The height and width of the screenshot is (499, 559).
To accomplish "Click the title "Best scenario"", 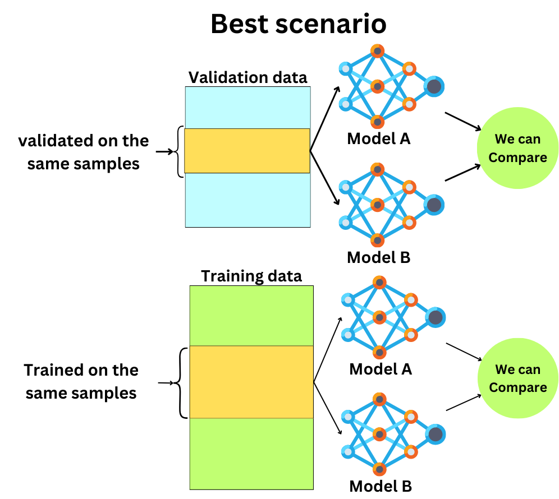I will coord(298,24).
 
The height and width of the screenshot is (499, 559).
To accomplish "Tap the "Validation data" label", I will coord(248,77).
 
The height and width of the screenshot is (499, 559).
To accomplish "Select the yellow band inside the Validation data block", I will coord(247,150).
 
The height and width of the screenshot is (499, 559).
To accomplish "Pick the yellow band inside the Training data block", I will coord(251,382).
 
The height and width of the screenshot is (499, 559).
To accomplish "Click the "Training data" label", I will coord(251,276).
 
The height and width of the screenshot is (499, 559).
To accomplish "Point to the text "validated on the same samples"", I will coord(84,151).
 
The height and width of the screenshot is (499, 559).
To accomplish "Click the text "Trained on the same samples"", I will coord(81,381).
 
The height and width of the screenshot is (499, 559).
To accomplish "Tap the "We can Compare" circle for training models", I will coord(517,379).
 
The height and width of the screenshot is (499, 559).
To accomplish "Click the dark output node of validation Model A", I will coord(434,86).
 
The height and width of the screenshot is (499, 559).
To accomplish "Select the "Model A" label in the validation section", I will coord(379,138).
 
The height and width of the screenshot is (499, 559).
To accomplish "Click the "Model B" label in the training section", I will coord(381,486).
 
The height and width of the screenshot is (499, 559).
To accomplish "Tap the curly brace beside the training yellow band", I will coord(181,383).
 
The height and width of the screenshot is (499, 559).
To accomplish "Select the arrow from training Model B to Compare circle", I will coord(464,402).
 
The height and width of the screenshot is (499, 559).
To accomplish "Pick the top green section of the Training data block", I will coord(251,315).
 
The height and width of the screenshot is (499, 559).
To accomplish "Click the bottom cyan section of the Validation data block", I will coord(247,200).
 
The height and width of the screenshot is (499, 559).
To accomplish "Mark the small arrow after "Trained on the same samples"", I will coord(165,383).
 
